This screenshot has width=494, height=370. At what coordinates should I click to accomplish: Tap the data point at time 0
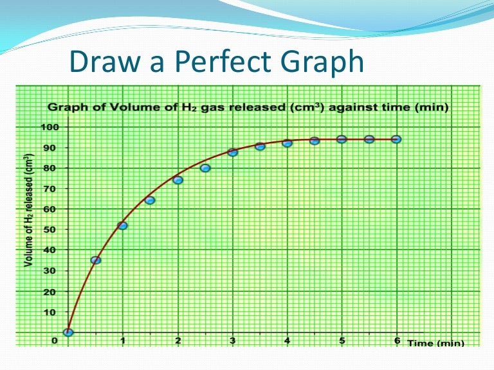(x=68, y=332)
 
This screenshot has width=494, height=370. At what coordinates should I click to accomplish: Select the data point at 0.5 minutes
(x=96, y=260)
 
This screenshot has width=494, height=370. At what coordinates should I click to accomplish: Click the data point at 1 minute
(x=123, y=225)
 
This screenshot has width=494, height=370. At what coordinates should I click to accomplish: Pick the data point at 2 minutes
(x=178, y=180)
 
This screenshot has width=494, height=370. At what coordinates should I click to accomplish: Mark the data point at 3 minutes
(x=233, y=152)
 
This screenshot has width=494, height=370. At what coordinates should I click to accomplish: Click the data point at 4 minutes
(x=288, y=143)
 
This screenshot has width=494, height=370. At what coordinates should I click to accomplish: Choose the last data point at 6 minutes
(x=397, y=139)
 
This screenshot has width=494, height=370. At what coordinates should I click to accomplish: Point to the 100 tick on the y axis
(x=51, y=127)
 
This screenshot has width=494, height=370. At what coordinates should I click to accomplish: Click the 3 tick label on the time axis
(x=233, y=340)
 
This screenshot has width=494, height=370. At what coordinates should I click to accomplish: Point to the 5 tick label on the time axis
(x=342, y=340)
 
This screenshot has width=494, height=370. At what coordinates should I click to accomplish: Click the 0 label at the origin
(x=55, y=340)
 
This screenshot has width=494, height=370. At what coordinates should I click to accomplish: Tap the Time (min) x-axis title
(x=435, y=343)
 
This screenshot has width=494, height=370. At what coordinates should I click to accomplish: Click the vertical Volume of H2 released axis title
(x=28, y=210)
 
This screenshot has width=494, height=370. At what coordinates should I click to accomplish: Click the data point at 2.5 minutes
(x=205, y=168)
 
